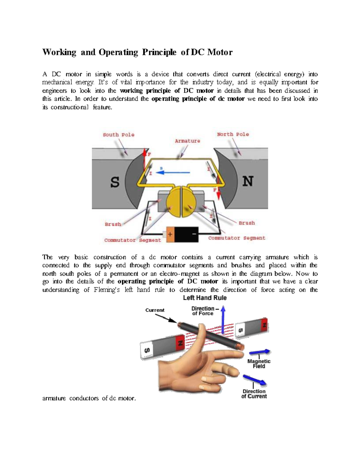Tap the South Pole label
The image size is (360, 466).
(118, 135)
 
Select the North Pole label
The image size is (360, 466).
(233, 134)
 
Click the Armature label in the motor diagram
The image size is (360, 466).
(187, 141)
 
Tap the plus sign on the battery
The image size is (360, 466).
(170, 234)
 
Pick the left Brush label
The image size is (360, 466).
(113, 224)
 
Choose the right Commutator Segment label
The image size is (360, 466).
(237, 238)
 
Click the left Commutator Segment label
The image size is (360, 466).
(133, 240)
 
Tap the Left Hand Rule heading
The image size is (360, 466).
(205, 298)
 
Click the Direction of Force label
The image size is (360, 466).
(203, 311)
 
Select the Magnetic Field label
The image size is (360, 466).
(259, 364)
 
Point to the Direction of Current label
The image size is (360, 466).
(254, 394)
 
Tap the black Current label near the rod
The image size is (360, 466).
(155, 310)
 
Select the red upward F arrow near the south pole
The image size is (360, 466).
(145, 159)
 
